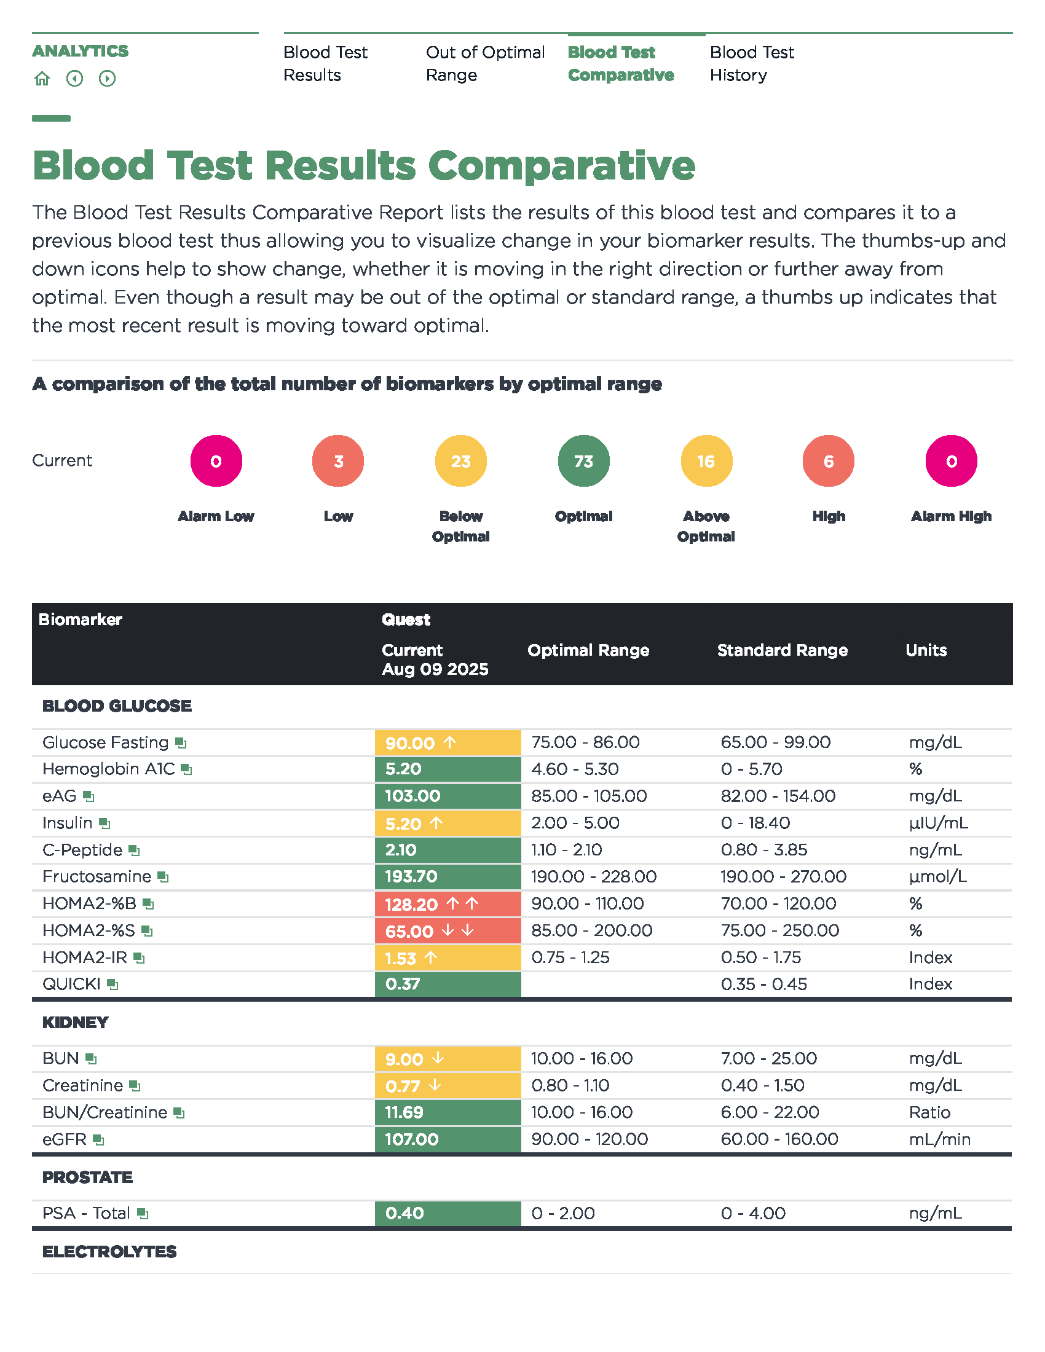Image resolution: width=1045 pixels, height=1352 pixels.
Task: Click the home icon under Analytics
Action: tap(42, 79)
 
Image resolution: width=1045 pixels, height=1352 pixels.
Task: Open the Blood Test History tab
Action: tap(751, 63)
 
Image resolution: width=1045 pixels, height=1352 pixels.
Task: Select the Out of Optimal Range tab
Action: tap(485, 63)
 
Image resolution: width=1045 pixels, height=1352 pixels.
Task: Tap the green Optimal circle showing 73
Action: tap(583, 461)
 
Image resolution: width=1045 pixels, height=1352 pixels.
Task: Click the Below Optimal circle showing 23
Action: tap(460, 461)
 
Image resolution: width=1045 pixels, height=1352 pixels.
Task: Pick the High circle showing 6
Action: tap(828, 461)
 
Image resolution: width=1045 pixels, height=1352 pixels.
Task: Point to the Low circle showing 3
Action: tap(338, 461)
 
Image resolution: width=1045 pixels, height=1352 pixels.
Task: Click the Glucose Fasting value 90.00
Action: tap(410, 743)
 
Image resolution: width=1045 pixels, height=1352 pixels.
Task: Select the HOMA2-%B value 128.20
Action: tap(411, 905)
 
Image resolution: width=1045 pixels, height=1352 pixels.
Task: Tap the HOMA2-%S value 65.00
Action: tap(409, 931)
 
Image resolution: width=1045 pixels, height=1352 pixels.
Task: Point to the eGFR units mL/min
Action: tap(939, 1139)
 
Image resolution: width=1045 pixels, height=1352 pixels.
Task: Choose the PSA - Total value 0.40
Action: tap(404, 1212)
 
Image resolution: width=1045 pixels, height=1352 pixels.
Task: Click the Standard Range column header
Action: tap(782, 650)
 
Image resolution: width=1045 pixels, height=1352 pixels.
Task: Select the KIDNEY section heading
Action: tap(76, 1023)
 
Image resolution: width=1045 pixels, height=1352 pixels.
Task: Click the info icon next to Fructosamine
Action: tap(163, 877)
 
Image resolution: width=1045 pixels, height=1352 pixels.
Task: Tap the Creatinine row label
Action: tap(82, 1085)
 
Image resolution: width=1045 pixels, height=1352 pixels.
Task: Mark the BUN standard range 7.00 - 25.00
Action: tap(768, 1059)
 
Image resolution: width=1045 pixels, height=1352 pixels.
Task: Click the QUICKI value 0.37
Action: tap(403, 984)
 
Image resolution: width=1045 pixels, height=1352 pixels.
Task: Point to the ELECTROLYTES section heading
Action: tap(109, 1252)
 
